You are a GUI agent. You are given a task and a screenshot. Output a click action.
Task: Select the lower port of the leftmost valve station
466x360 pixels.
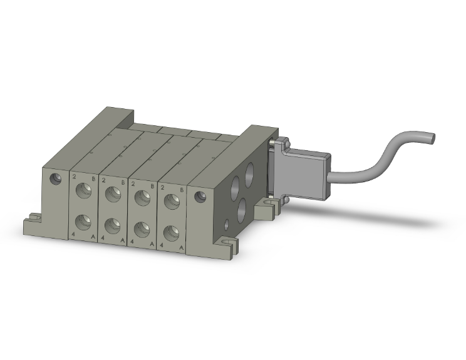tap(83, 222)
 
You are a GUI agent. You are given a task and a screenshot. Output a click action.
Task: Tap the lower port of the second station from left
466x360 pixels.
tap(113, 226)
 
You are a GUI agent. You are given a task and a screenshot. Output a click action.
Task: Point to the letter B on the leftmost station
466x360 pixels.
tap(94, 178)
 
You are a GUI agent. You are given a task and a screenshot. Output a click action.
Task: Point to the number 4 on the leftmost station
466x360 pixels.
tap(74, 234)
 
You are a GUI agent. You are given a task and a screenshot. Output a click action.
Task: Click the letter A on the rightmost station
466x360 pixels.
tap(182, 248)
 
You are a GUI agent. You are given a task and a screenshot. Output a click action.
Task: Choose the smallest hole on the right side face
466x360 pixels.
tap(226, 223)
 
